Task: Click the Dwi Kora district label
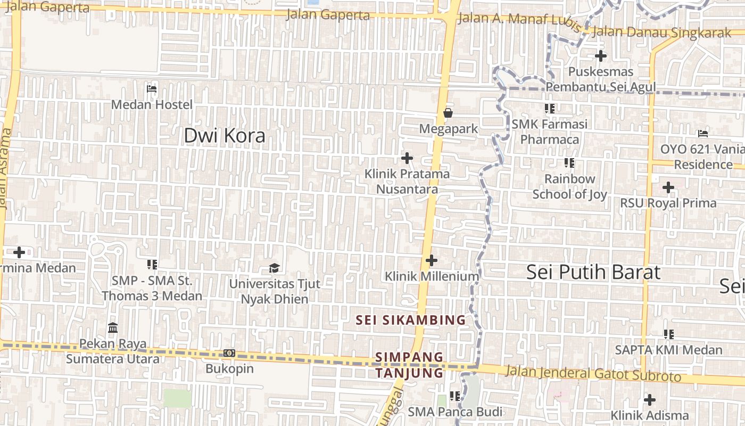(224, 136)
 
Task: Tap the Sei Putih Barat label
(593, 272)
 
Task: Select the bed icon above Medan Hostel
(152, 88)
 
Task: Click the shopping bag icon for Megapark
(448, 113)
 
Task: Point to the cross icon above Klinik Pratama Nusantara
(407, 158)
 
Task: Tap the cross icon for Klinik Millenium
(432, 260)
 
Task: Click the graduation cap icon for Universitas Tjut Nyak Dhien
(274, 267)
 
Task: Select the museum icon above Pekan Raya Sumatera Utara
(113, 327)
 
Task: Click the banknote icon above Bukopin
(229, 353)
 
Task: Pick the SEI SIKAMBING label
(411, 320)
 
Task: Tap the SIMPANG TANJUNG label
(409, 365)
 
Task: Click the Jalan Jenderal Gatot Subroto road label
(593, 373)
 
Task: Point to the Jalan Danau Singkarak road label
(661, 32)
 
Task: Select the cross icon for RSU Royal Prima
(668, 187)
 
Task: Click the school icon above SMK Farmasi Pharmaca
(550, 109)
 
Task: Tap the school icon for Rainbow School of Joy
(569, 163)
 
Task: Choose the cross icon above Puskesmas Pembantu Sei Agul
(601, 55)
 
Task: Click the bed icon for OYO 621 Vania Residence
(703, 133)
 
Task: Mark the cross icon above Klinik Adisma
(649, 399)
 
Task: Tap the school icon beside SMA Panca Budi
(454, 396)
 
